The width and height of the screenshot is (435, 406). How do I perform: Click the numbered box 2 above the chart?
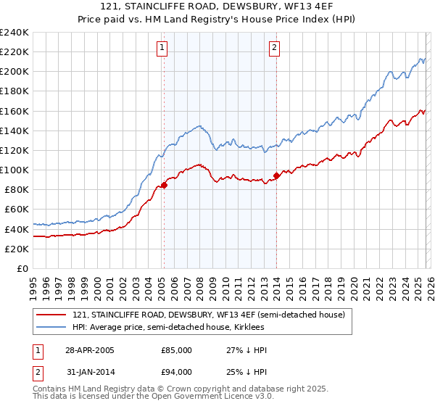(x=275, y=49)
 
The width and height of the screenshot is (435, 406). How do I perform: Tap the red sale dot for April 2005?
(x=164, y=185)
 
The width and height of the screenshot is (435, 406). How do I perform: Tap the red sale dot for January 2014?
(x=276, y=175)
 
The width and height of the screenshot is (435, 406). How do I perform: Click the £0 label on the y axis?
(x=22, y=268)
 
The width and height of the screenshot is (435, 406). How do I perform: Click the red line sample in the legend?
(x=52, y=315)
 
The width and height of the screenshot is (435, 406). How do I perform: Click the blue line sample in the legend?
(x=52, y=327)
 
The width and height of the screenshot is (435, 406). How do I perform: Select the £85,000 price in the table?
(x=176, y=350)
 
